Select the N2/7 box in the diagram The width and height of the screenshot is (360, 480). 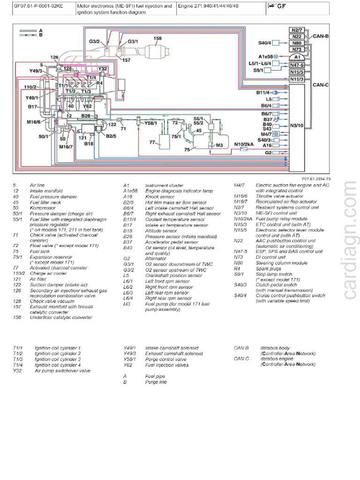point(296,30)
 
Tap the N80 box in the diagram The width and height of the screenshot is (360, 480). point(296,43)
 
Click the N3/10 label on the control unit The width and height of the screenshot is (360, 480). point(297,126)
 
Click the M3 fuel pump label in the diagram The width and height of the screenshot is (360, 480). point(218,145)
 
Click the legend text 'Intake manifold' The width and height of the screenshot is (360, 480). point(46,191)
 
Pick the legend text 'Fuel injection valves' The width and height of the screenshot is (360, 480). point(167,365)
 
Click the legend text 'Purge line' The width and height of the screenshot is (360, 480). point(156,382)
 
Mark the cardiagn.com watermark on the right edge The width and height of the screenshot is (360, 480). point(350,239)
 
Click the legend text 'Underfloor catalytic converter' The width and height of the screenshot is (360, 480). point(61,317)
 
